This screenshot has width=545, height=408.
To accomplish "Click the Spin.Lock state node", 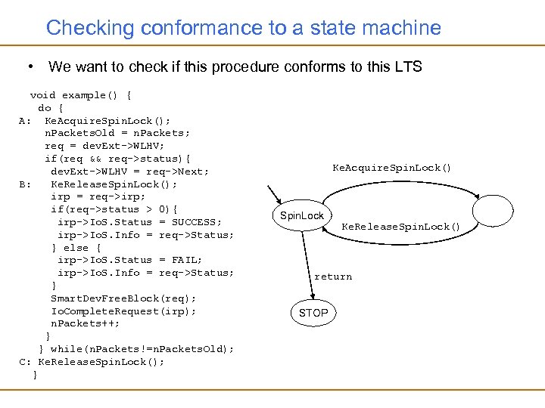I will [x=301, y=216].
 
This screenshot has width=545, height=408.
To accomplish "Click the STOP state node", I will [x=313, y=312].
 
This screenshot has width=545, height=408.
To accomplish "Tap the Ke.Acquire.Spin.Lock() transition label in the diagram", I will [x=392, y=168].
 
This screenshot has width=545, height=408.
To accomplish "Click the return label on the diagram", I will [x=333, y=277].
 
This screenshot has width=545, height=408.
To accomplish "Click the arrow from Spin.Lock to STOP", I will [x=308, y=264].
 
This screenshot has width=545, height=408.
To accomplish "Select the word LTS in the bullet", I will [x=408, y=66].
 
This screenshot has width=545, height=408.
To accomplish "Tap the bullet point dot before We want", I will [x=28, y=66].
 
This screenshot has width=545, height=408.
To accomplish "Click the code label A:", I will [x=25, y=120].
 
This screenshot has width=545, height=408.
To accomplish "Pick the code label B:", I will [x=25, y=184].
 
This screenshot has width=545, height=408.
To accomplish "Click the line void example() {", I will [x=81, y=95].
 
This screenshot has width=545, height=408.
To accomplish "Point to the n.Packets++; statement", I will [x=85, y=323].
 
